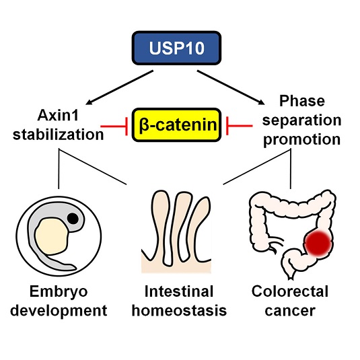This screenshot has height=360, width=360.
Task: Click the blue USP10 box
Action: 176,48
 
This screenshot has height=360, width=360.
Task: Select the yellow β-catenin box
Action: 176,125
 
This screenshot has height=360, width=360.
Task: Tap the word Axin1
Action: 58,115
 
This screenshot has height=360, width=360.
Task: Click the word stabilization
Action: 58,135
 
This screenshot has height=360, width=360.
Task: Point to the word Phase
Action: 302,101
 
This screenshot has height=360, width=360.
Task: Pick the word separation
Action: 301,120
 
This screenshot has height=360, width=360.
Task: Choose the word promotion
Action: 301,139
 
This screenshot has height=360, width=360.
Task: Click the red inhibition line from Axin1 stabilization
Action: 114,126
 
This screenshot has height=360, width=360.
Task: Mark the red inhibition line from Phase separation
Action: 240,126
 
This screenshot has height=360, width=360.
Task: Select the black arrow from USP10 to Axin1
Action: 119,87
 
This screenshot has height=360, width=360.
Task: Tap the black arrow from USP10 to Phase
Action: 231,87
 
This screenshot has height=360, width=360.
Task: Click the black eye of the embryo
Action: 73,218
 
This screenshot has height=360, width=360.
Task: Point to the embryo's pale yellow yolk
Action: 52,236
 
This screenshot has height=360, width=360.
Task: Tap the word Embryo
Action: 59,291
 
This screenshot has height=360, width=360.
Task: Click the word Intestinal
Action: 179,291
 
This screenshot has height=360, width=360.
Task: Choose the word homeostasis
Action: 179,310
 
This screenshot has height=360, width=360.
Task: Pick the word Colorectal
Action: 290,291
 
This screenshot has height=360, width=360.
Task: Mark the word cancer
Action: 290,311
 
